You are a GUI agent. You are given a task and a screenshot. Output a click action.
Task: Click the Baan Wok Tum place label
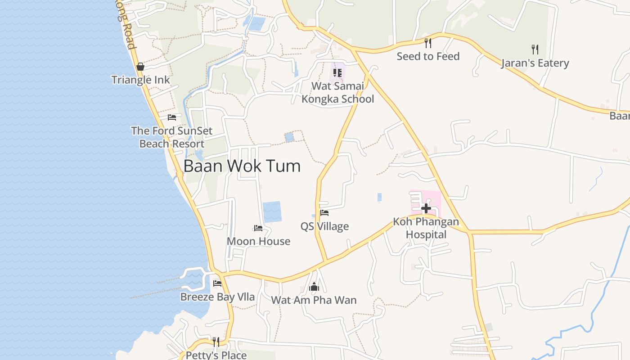coord(242,166)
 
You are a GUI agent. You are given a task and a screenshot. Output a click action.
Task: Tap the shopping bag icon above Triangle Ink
coord(140,67)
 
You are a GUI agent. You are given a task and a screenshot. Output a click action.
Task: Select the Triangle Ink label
coord(140,80)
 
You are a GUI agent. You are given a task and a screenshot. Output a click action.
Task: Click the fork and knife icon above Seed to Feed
coord(428,43)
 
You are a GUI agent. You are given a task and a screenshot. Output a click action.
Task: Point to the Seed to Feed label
coord(428,56)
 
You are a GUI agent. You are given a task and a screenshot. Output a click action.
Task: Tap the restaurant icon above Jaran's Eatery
coord(535,49)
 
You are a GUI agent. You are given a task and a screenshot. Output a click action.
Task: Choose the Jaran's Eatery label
coord(535,63)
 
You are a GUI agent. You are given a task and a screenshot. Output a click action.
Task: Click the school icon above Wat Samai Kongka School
coord(337,73)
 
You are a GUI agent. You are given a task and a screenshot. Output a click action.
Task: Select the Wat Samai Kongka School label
coord(337,92)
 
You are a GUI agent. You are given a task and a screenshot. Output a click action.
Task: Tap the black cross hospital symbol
coord(426,208)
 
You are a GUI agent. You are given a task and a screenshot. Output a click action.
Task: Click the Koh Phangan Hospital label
coord(426,228)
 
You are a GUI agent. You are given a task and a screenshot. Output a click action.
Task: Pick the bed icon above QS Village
coord(324,213)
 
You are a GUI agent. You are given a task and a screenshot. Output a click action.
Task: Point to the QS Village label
coord(324,226)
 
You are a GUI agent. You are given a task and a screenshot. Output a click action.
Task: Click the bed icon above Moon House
coord(258,228)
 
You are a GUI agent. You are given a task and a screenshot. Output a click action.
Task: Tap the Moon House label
coord(258,241)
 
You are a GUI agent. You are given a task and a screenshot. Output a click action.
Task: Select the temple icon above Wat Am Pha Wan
coord(314,287)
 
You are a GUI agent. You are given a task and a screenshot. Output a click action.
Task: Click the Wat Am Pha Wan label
coord(314,300)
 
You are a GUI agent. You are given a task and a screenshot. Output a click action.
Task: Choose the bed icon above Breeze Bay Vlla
coord(217,283)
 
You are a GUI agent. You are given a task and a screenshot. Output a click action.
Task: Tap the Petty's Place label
coord(216,355)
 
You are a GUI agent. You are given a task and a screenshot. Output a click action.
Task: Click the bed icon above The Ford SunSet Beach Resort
coord(172,117)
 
